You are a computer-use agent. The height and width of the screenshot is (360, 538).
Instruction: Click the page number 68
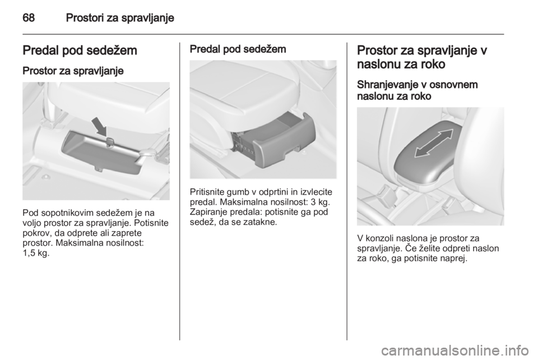click(x=29, y=18)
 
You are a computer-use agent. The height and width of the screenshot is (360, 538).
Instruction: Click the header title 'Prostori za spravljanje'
click(x=120, y=18)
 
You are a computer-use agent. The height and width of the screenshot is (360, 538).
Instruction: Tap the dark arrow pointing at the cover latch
click(x=100, y=126)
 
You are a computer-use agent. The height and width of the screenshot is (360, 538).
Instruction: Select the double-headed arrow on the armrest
click(x=434, y=143)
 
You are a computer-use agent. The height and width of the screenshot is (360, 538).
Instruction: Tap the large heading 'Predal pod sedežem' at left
click(x=80, y=50)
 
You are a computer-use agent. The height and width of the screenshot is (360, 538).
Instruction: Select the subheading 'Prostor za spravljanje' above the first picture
click(x=73, y=71)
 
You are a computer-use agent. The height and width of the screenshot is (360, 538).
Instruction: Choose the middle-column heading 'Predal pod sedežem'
click(x=238, y=49)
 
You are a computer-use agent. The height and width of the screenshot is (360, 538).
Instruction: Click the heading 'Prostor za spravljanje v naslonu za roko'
click(x=421, y=57)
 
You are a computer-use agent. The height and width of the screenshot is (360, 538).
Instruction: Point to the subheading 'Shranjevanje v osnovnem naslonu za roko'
click(x=417, y=90)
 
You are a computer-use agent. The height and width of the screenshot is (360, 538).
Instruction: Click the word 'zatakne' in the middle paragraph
click(x=261, y=222)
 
